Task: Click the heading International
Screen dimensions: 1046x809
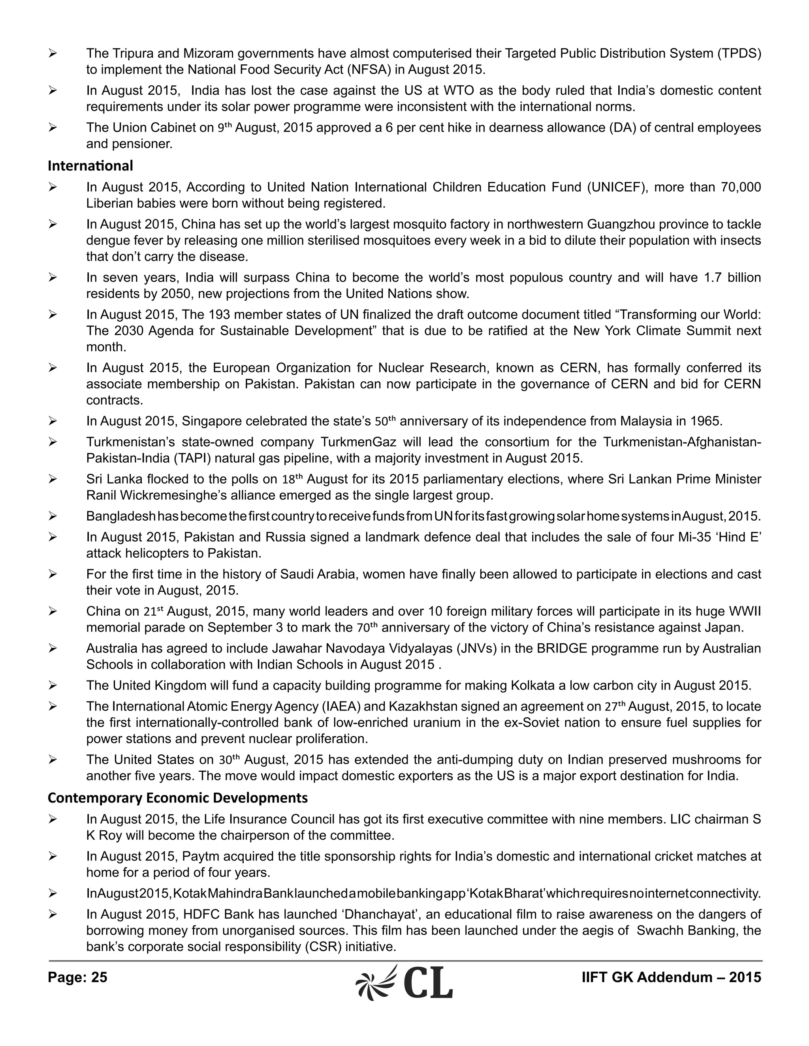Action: coord(90,166)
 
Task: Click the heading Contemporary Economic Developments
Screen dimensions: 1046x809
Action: coord(177,798)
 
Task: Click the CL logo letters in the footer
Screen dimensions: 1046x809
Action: coord(428,983)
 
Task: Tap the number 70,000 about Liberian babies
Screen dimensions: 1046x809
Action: coord(741,187)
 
